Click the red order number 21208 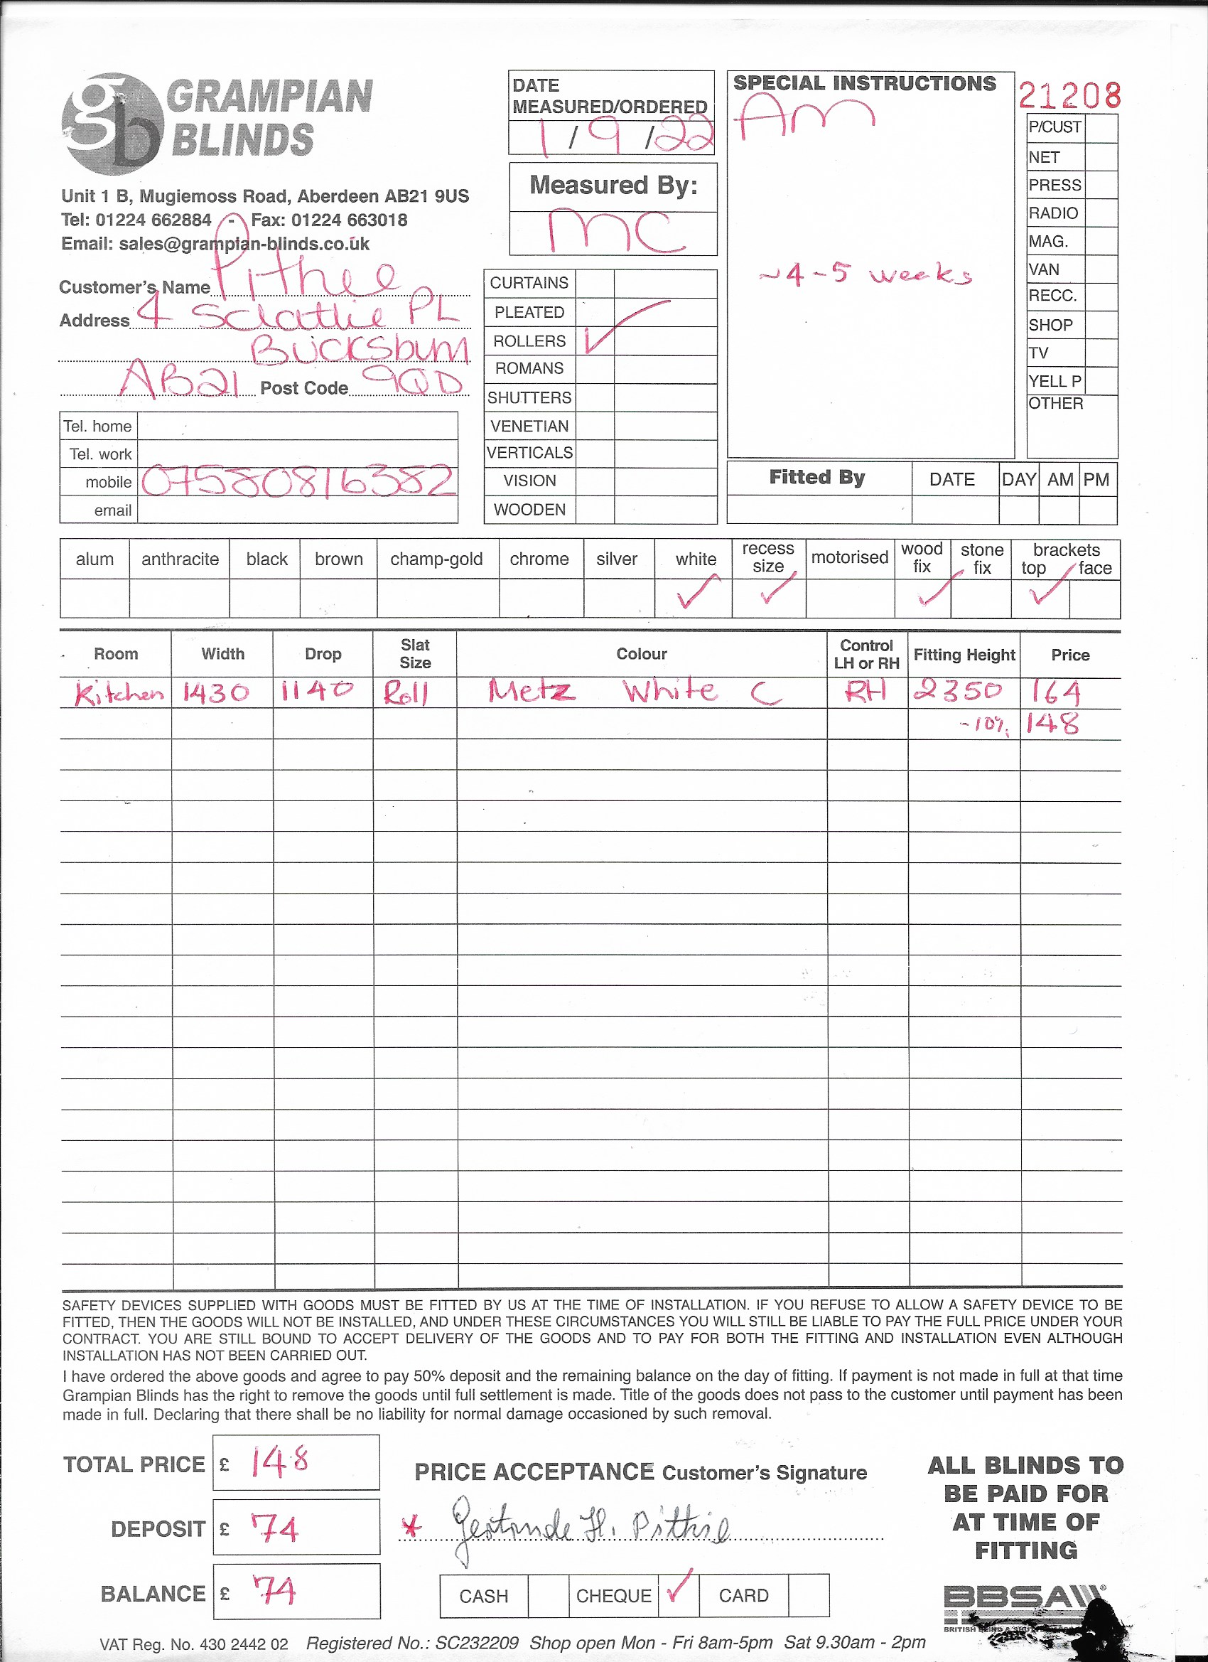1069,95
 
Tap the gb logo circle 112,123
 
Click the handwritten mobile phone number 298,482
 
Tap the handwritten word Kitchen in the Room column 118,693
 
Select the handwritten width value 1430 216,692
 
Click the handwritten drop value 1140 317,691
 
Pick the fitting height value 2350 956,690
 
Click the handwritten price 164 1056,692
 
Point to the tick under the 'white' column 696,592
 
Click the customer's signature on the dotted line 590,1530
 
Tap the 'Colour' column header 641,654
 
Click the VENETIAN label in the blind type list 529,426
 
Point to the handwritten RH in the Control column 865,690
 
